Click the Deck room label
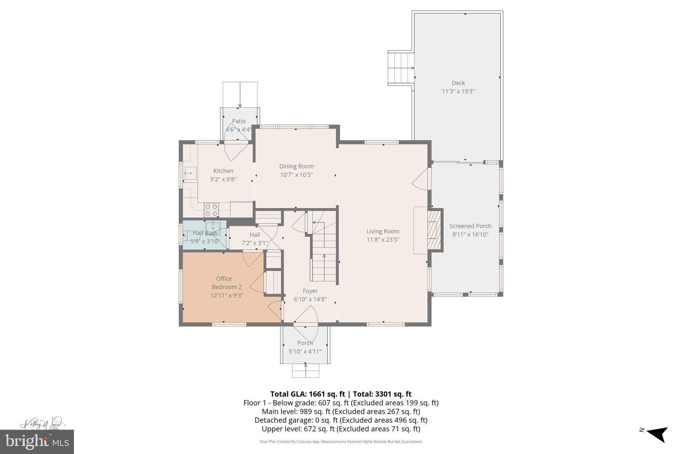click(458, 83)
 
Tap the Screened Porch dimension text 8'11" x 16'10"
click(470, 234)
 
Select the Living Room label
click(383, 231)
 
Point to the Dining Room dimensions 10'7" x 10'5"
click(296, 175)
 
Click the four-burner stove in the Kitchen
click(211, 210)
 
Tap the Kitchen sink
click(190, 173)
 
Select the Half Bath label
click(205, 233)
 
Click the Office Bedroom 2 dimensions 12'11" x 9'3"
click(227, 295)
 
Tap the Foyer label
click(310, 291)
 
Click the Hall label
click(254, 234)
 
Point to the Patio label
click(239, 121)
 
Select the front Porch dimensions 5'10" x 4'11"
click(305, 351)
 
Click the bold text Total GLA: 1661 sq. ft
click(307, 394)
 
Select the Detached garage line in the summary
click(341, 420)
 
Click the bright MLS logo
click(37, 442)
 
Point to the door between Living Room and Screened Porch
click(422, 179)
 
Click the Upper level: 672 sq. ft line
click(341, 429)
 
